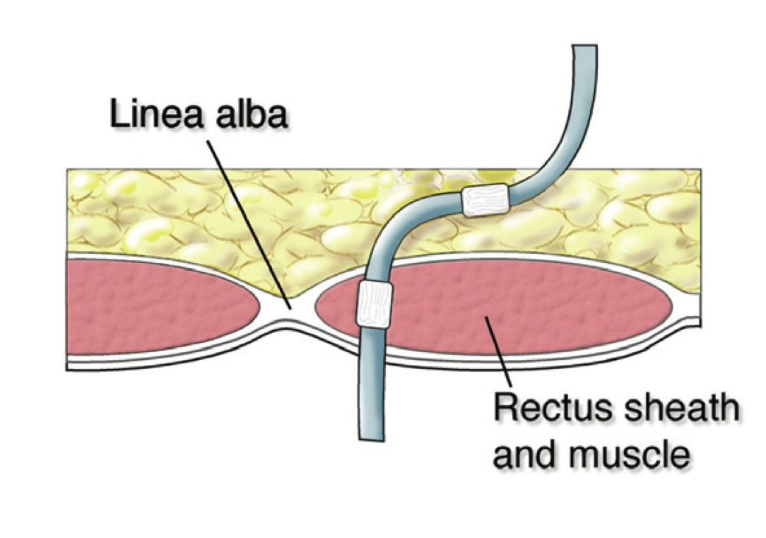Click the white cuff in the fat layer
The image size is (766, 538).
click(485, 200)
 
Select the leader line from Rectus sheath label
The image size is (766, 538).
click(498, 357)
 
